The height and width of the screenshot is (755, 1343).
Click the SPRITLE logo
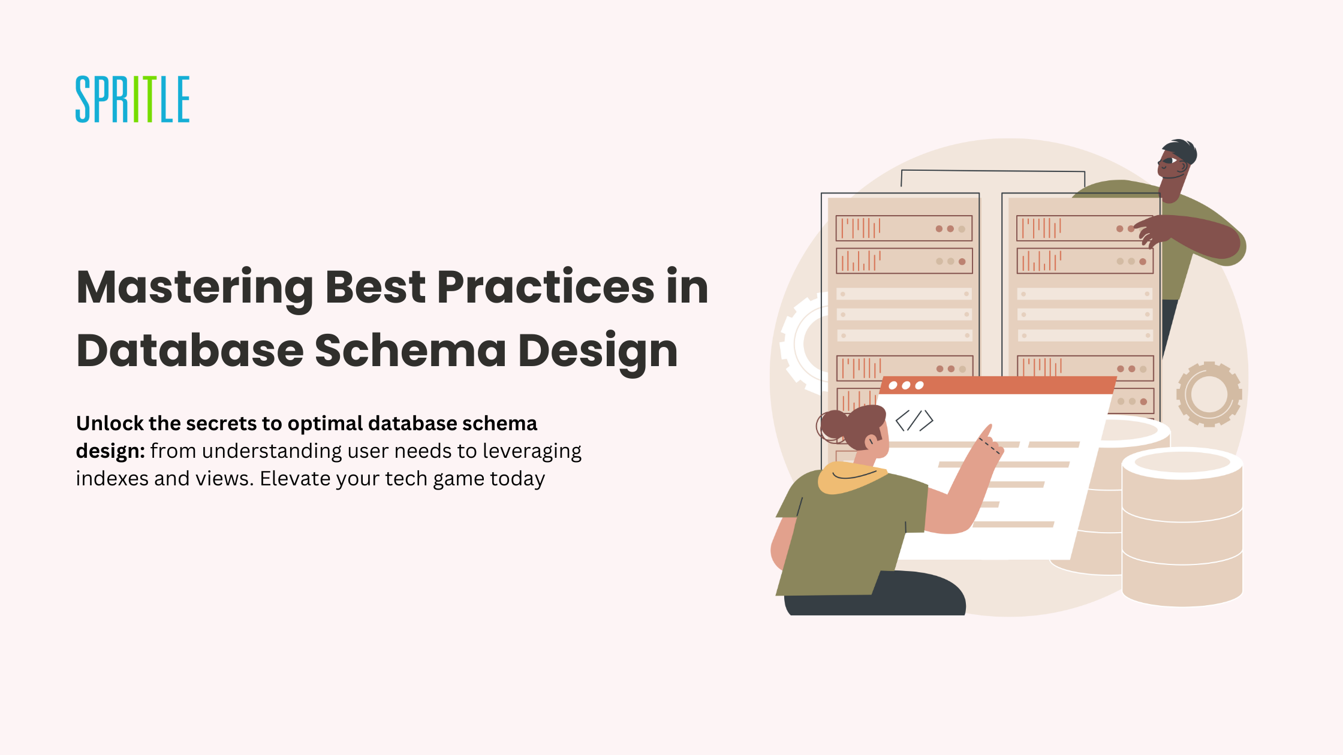pos(133,99)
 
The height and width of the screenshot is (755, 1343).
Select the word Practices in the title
pos(546,287)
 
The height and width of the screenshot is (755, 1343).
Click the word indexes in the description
pos(112,478)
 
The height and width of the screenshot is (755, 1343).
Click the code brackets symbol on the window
pos(914,420)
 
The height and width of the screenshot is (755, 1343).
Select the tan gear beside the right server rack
pos(1209,394)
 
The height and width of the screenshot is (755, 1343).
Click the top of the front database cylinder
pos(1182,463)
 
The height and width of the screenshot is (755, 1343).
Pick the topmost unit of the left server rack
pos(904,228)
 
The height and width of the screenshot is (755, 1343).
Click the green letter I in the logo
pos(135,99)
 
